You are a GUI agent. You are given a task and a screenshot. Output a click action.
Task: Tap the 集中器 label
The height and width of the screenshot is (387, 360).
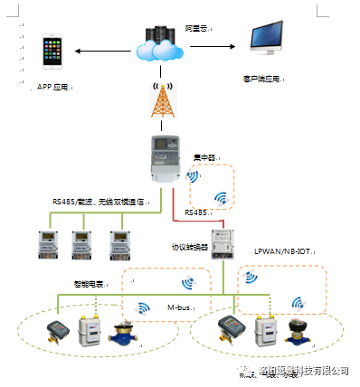click(x=205, y=158)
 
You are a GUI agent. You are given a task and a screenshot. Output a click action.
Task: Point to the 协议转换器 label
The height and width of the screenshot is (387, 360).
click(x=189, y=246)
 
